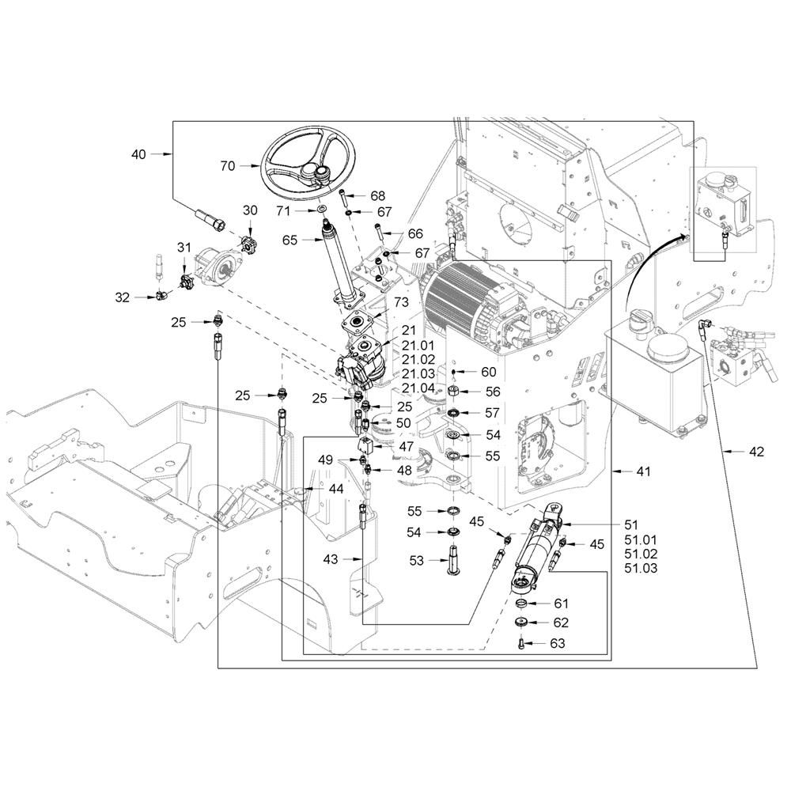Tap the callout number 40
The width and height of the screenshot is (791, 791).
pos(138,155)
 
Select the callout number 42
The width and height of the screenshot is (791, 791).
pos(757,452)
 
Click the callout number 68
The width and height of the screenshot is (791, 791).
pos(377,196)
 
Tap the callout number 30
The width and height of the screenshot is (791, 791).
pos(250,210)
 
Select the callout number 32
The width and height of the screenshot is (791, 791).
pos(122,297)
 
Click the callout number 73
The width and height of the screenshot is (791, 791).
pos(401,304)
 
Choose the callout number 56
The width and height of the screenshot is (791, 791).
pos(494,392)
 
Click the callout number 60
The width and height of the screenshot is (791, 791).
pos(489,372)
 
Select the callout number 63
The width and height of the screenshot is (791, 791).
pos(558,644)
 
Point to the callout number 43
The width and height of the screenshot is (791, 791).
pos(331,559)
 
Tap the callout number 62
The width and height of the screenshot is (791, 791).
pos(560,623)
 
